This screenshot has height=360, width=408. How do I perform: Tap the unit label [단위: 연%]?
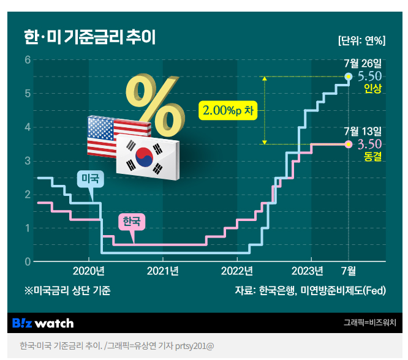pyautogui.click(x=361, y=41)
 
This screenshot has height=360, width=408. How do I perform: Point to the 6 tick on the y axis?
pyautogui.click(x=28, y=60)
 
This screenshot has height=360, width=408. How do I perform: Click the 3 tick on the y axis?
pyautogui.click(x=28, y=161)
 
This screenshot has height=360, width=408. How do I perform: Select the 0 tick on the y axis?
pyautogui.click(x=28, y=262)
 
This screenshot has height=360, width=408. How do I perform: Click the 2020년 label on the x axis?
pyautogui.click(x=88, y=271)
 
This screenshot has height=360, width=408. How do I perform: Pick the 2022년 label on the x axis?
pyautogui.click(x=236, y=271)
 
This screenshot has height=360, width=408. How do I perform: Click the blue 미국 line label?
pyautogui.click(x=90, y=179)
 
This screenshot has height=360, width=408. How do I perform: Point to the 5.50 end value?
pyautogui.click(x=369, y=77)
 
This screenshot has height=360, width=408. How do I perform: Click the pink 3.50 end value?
pyautogui.click(x=369, y=144)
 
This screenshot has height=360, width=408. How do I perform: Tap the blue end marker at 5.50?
pyautogui.click(x=349, y=77)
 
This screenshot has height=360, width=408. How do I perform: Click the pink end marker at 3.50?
pyautogui.click(x=349, y=144)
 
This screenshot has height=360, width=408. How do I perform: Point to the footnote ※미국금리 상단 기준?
pyautogui.click(x=67, y=291)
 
